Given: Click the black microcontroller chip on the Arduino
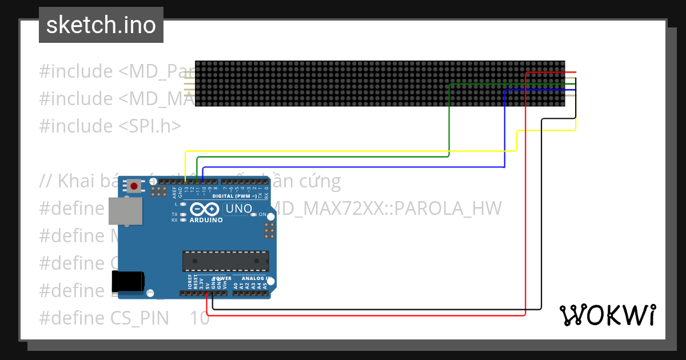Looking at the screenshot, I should [225, 261].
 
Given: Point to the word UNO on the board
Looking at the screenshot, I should [239, 209].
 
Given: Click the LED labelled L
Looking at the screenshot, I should [182, 204].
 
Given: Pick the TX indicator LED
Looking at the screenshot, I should [182, 215].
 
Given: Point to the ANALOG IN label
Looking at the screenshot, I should [253, 279].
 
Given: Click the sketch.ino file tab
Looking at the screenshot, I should [101, 25].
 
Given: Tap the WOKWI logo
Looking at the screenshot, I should [607, 315].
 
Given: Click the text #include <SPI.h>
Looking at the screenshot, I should [110, 126].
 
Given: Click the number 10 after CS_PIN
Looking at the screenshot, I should [200, 318].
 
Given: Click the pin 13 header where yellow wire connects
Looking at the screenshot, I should [186, 181].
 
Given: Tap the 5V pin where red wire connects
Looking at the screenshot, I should [207, 294].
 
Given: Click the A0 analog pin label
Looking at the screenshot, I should [236, 284].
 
